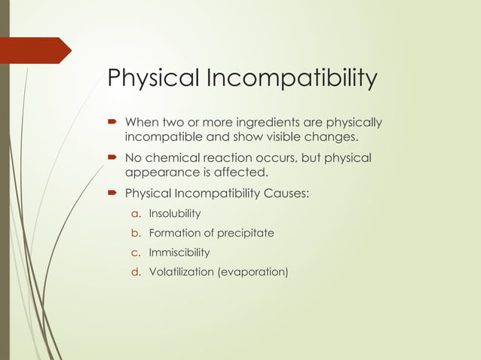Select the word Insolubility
click(x=175, y=214)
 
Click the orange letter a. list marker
click(x=138, y=214)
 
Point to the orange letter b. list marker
click(x=138, y=233)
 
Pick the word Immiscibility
click(x=179, y=252)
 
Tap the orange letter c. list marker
click(x=138, y=252)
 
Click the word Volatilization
click(x=181, y=271)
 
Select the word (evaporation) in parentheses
click(x=253, y=271)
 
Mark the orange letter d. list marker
click(x=138, y=271)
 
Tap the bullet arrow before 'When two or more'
click(x=112, y=123)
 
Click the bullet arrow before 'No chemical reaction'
click(x=112, y=158)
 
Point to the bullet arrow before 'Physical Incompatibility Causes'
click(x=112, y=194)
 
